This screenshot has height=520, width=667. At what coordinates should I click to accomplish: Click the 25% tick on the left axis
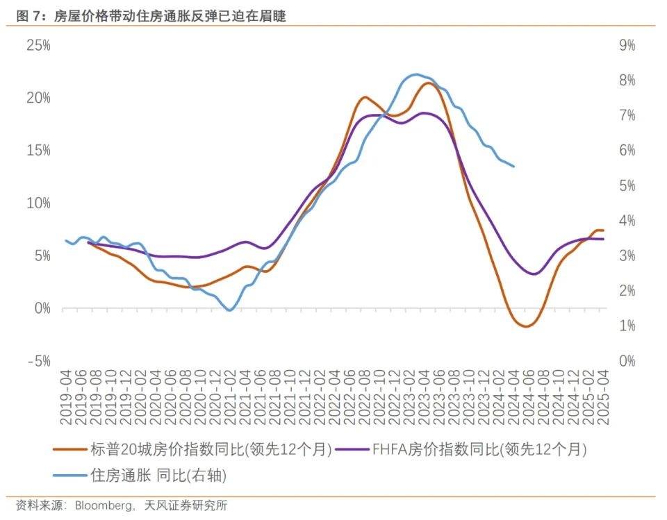coord(38,46)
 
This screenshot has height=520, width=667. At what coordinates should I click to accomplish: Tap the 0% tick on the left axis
coord(42,308)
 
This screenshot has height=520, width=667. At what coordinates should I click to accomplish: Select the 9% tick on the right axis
coord(626,46)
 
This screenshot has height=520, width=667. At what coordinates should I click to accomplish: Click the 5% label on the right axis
coord(626,186)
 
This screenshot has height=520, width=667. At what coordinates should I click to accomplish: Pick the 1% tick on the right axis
coord(626,326)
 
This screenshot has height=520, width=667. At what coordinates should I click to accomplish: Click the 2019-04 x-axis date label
coord(65,396)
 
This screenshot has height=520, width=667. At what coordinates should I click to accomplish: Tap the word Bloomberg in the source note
coord(104,505)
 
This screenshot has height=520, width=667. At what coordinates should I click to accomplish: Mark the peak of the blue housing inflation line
coord(416,74)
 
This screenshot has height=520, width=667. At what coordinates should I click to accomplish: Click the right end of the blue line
coord(513,167)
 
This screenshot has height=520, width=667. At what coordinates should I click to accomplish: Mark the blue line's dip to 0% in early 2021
coord(229,310)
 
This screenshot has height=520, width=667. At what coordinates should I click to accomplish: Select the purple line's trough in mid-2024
coord(534,274)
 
